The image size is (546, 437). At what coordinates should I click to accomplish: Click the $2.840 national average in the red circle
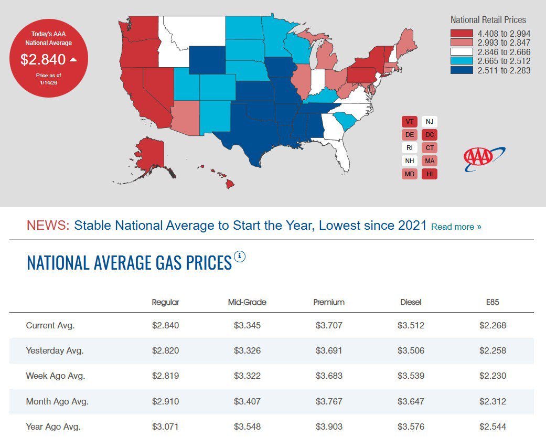tap(43, 59)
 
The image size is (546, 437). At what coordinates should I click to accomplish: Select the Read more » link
tap(456, 227)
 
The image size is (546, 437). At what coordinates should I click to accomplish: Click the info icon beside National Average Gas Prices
tap(240, 257)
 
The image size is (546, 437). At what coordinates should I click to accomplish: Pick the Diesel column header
tap(411, 302)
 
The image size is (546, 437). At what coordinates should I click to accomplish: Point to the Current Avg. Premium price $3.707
tap(329, 325)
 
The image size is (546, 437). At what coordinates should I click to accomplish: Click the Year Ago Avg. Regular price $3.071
tap(165, 427)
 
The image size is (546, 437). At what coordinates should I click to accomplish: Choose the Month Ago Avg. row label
tap(57, 402)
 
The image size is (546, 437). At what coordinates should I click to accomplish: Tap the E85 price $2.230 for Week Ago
tap(493, 376)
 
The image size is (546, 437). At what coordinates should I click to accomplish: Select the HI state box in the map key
tap(430, 174)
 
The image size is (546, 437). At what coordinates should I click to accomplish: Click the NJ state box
tap(430, 122)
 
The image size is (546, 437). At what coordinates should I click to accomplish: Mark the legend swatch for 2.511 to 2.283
tap(461, 70)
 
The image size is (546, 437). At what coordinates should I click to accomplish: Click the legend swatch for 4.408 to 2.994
tap(461, 34)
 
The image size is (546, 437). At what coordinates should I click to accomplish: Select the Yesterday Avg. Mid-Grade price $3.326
tap(247, 350)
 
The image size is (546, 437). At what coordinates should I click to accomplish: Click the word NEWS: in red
tap(48, 226)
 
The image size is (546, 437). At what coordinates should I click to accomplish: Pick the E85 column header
tap(493, 302)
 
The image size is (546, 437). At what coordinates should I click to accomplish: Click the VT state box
tap(410, 122)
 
